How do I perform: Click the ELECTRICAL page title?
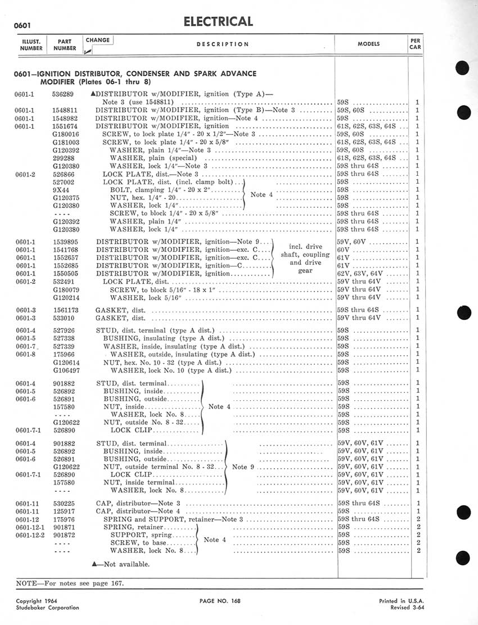click(218, 21)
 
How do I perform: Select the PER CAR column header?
click(414, 43)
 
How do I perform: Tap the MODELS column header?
click(368, 43)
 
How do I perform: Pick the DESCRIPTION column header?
click(223, 44)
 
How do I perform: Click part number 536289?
click(63, 95)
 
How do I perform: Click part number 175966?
click(63, 355)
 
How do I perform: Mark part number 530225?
click(63, 503)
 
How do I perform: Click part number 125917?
click(63, 511)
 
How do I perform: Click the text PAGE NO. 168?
click(220, 601)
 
